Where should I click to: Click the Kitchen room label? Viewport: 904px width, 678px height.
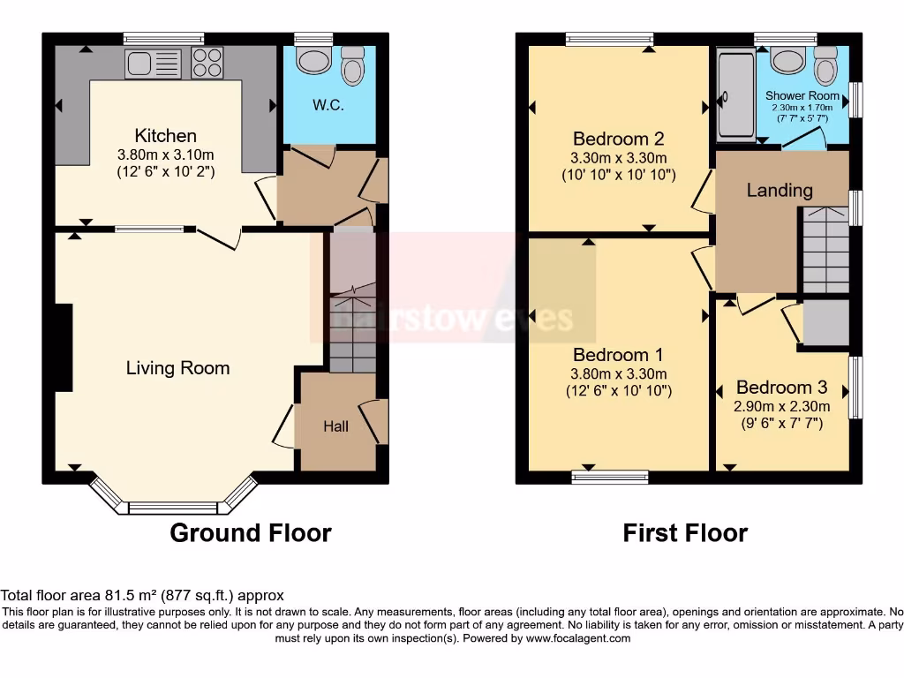coord(165,136)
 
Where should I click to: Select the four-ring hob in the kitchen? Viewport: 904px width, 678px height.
coord(208,63)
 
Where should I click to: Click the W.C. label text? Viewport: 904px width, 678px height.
coord(328,105)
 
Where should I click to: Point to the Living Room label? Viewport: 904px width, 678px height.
coord(177,368)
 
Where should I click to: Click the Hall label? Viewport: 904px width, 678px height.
coord(335,426)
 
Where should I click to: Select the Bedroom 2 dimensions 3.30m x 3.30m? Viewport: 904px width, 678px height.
coord(619,157)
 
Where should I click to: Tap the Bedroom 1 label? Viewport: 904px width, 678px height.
coord(618,355)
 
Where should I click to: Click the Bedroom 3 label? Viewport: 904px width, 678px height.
coord(780,388)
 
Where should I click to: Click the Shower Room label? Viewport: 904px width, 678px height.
coord(802,95)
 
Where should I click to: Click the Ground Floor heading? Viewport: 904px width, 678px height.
coord(250,533)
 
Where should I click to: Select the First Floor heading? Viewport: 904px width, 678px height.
coord(685,533)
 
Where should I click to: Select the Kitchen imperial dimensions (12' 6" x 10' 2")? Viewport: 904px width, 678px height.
coord(165,172)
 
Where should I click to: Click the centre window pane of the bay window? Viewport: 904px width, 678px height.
coord(173,508)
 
